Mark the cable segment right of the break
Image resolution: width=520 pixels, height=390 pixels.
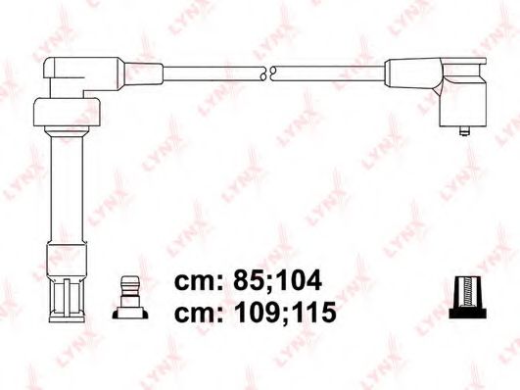click(328, 71)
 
